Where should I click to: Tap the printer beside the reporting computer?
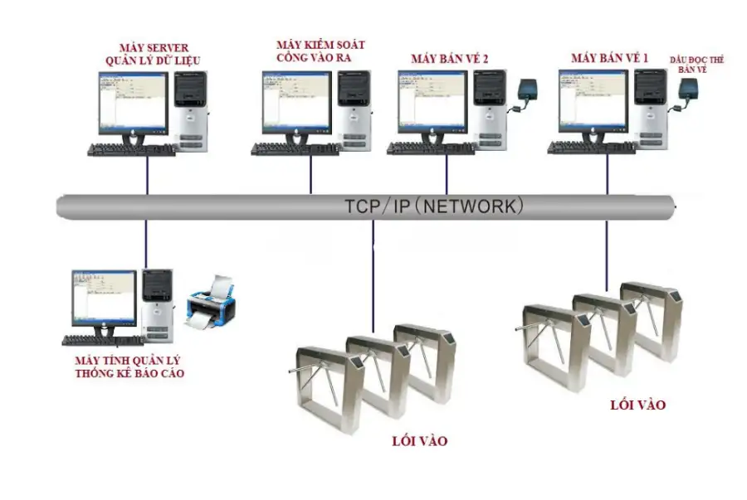click(x=210, y=303)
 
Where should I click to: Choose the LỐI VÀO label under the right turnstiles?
click(x=637, y=405)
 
